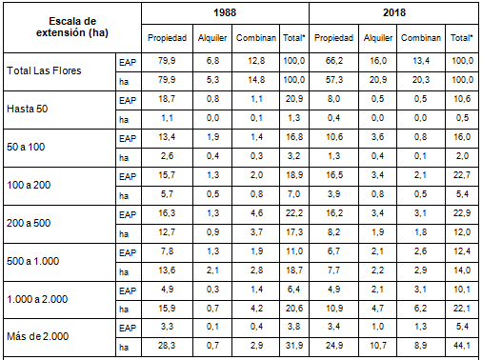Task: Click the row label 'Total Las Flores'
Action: (44, 70)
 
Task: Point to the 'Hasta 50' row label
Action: (28, 108)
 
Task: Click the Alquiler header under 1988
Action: (212, 38)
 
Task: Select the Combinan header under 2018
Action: (420, 38)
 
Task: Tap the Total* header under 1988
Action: (293, 38)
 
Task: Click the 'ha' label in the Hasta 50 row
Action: (124, 117)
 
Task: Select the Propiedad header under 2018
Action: (333, 38)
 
